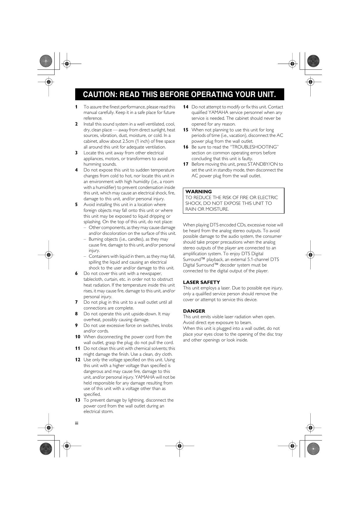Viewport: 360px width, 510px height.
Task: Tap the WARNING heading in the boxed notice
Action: click(199, 192)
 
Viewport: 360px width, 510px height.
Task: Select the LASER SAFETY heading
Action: click(201, 282)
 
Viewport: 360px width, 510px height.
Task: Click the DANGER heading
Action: click(194, 311)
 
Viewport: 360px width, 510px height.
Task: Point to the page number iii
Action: click(77, 423)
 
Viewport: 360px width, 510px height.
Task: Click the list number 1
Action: click(76, 107)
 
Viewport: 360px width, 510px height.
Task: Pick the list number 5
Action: click(76, 205)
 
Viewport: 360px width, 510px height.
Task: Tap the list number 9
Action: click(76, 325)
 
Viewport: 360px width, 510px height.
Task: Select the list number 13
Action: click(78, 400)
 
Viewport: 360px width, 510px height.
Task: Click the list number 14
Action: click(186, 107)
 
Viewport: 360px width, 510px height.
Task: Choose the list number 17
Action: click(186, 164)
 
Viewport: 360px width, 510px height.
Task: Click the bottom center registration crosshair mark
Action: click(179, 445)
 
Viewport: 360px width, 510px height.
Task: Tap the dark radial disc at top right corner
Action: click(313, 61)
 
